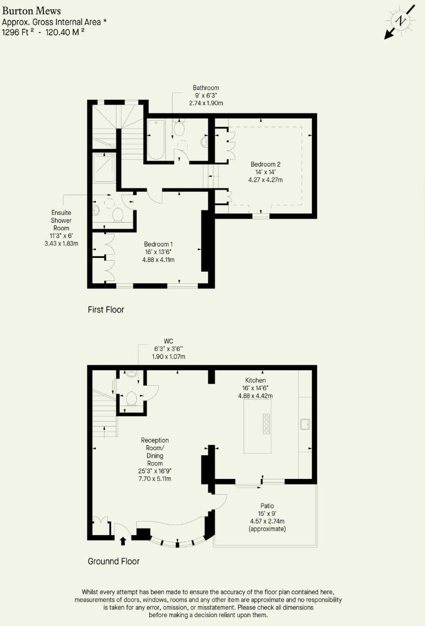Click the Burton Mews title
[31, 11]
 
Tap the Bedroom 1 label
[159, 244]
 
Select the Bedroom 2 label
[266, 164]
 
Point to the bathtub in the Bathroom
[156, 140]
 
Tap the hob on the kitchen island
[266, 423]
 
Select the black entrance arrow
[122, 541]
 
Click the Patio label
[267, 505]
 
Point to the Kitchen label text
[256, 380]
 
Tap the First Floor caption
[106, 310]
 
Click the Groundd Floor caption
[114, 562]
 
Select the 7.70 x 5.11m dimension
[154, 479]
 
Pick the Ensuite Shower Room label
[61, 220]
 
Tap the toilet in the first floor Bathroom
[179, 129]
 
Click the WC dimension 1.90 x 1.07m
[169, 357]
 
